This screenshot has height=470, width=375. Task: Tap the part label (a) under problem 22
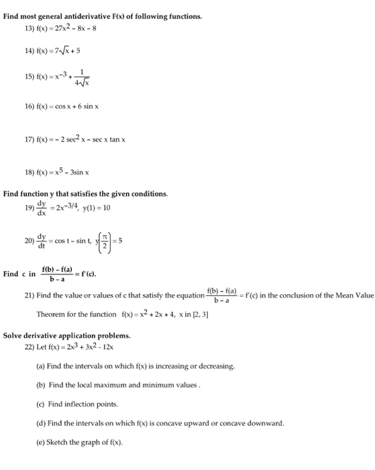coord(42,367)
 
